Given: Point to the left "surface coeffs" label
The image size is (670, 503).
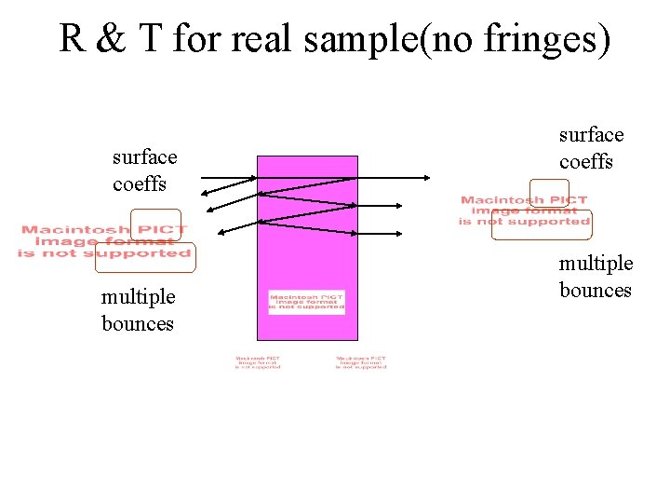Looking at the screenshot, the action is pyautogui.click(x=143, y=170).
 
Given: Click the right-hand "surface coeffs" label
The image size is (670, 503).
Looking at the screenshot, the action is pyautogui.click(x=591, y=148).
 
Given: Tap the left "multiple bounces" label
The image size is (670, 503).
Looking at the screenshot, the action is pyautogui.click(x=138, y=310).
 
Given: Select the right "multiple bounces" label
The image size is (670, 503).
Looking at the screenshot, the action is pyautogui.click(x=596, y=277).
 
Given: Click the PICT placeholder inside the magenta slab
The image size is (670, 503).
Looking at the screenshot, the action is pyautogui.click(x=306, y=302).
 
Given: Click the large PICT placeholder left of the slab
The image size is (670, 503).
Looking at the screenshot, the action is pyautogui.click(x=104, y=241).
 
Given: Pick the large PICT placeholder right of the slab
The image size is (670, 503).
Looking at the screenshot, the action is pyautogui.click(x=524, y=211).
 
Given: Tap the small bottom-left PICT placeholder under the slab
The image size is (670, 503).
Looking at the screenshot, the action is pyautogui.click(x=258, y=361).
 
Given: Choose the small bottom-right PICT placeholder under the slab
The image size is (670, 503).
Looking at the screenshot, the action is pyautogui.click(x=361, y=361).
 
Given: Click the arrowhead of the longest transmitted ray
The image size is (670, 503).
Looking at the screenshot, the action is pyautogui.click(x=427, y=177).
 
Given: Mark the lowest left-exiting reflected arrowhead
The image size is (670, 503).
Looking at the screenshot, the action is pyautogui.click(x=218, y=233).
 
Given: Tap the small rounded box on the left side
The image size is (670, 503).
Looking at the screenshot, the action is pyautogui.click(x=155, y=224).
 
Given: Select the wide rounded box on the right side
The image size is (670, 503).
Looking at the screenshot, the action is pyautogui.click(x=542, y=224).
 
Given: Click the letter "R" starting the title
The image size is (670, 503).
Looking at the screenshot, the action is pyautogui.click(x=73, y=39).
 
